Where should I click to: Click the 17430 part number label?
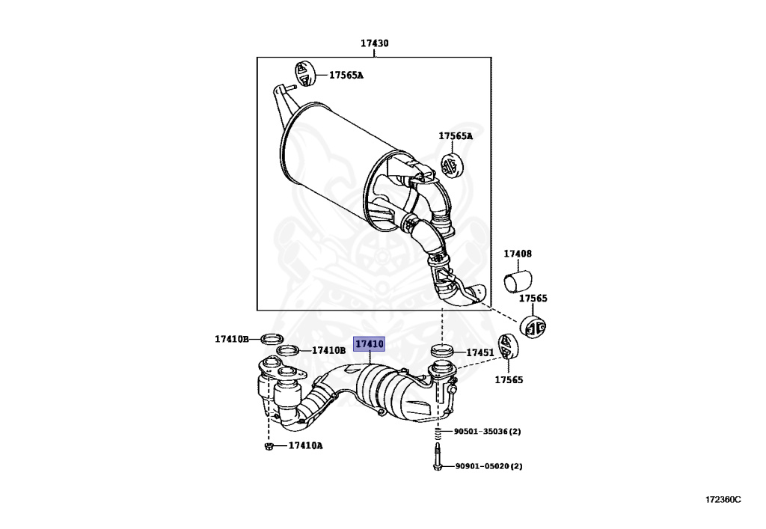tap(375, 43)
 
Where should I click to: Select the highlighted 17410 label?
tap(370, 344)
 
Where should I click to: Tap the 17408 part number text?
tap(517, 254)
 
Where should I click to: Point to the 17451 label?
tap(480, 352)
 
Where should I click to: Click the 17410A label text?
tap(304, 446)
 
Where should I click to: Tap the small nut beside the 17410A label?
tap(269, 447)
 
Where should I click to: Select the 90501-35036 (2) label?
tap(487, 432)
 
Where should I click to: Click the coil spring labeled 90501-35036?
tap(437, 432)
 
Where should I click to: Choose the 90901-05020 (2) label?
tap(488, 466)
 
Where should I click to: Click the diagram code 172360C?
tap(723, 499)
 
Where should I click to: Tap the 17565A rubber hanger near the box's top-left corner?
tap(305, 73)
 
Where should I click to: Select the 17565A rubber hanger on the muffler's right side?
tap(452, 165)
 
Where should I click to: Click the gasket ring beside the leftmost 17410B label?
tap(275, 339)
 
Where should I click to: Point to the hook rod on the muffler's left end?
tap(284, 97)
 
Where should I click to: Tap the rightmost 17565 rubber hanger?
tap(535, 327)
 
